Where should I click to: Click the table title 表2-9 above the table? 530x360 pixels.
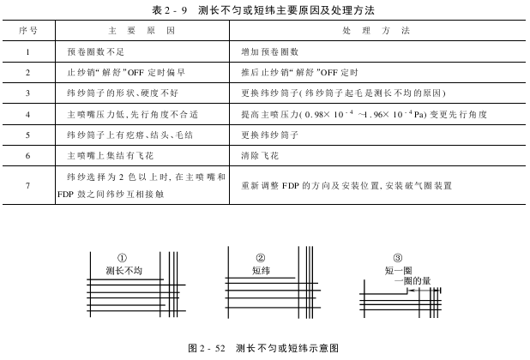tap(265, 9)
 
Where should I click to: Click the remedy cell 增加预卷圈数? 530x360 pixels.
tap(270, 51)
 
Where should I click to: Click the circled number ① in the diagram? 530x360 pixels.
tap(123, 258)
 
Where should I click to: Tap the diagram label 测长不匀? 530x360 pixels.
tap(123, 270)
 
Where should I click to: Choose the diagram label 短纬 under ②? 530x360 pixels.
tap(261, 270)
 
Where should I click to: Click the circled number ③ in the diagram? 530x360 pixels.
tap(397, 258)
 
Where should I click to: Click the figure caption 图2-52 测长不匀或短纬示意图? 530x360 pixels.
tap(264, 348)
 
